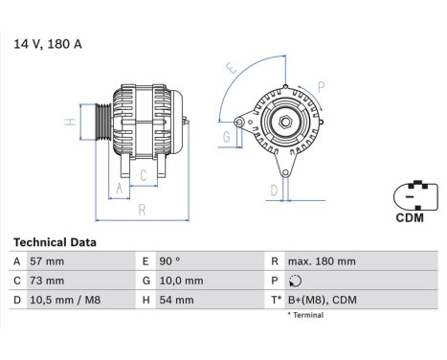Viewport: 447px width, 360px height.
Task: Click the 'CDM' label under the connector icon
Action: [413, 217]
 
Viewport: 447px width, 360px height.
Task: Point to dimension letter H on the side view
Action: [69, 123]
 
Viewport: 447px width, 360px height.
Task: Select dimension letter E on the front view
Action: [230, 69]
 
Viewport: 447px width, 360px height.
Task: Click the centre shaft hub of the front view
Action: [285, 123]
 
